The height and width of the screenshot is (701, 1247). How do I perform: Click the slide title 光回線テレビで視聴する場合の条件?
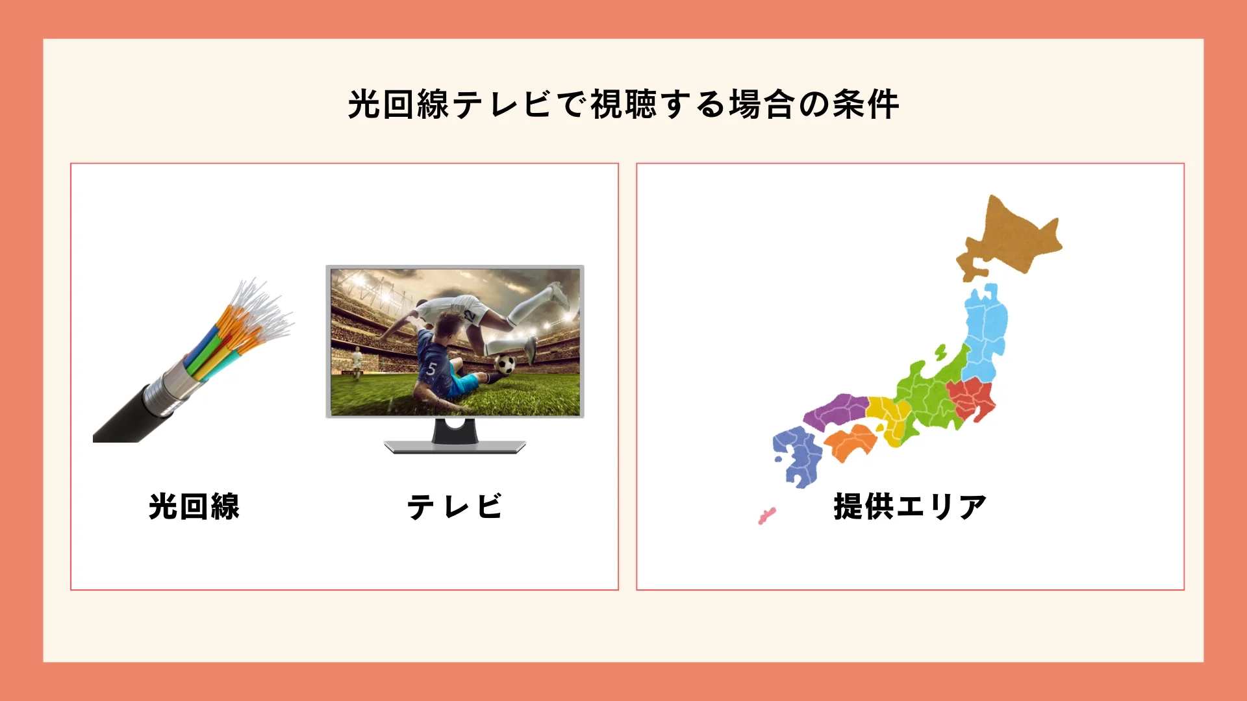coord(623,105)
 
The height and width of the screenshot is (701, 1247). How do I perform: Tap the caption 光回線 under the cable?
coord(194,506)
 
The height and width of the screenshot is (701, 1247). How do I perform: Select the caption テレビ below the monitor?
coord(455,506)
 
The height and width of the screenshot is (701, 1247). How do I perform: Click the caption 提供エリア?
coord(910,506)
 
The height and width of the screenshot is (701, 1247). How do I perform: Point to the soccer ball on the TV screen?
coord(505,364)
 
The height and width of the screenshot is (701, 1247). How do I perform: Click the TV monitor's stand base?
coord(455,447)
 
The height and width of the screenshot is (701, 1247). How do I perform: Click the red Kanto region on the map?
coord(972,399)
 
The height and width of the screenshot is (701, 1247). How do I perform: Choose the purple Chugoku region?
coord(836,411)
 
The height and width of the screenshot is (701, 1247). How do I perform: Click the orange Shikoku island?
coord(851,441)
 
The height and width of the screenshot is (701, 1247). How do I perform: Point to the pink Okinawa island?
coord(767,516)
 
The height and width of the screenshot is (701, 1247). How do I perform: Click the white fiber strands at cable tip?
coord(263,308)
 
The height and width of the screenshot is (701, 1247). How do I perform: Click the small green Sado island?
coord(940,352)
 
